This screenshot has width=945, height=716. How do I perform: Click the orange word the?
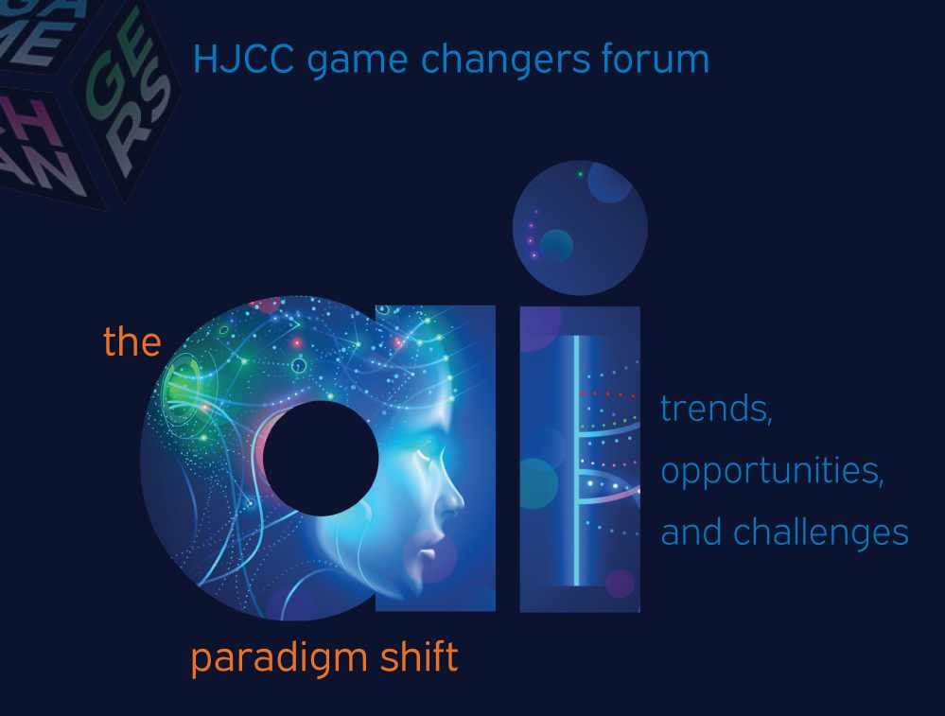tap(131, 341)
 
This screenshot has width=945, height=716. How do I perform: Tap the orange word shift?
tap(416, 656)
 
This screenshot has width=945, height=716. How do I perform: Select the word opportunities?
tap(772, 472)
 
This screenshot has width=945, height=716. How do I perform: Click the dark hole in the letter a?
tap(320, 459)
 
